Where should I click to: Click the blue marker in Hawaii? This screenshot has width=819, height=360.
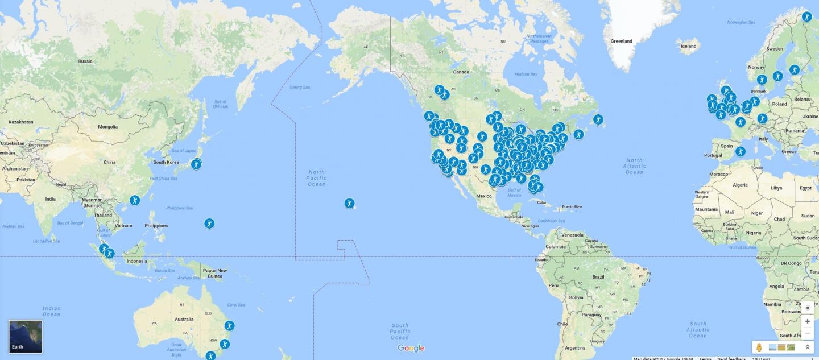[x=349, y=203]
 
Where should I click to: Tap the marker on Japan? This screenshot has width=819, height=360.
[x=196, y=164]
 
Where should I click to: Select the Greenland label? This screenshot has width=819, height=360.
[x=621, y=41]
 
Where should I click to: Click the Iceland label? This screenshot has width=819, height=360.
[x=688, y=46]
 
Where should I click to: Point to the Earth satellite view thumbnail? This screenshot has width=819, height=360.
[x=26, y=336]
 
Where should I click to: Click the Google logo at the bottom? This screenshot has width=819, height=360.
[x=411, y=348]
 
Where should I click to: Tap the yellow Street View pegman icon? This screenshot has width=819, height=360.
[x=759, y=347]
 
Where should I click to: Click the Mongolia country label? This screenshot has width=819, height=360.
[x=107, y=127]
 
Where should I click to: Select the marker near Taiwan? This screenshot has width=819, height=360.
[x=134, y=200]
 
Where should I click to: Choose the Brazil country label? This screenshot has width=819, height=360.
[x=598, y=277]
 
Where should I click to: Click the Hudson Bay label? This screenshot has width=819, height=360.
[x=526, y=74]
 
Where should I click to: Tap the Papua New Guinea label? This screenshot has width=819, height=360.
[x=215, y=273]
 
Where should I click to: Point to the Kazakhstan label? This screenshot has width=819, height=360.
[x=20, y=122]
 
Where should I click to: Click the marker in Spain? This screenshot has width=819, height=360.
[x=740, y=151]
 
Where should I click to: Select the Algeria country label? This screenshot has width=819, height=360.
[x=740, y=185]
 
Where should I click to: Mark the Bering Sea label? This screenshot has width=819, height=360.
[x=300, y=88]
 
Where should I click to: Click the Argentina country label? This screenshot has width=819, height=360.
[x=575, y=347]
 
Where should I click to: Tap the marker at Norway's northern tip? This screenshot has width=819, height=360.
[x=806, y=16]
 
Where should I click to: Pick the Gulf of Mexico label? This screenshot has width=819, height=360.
[x=514, y=193]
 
